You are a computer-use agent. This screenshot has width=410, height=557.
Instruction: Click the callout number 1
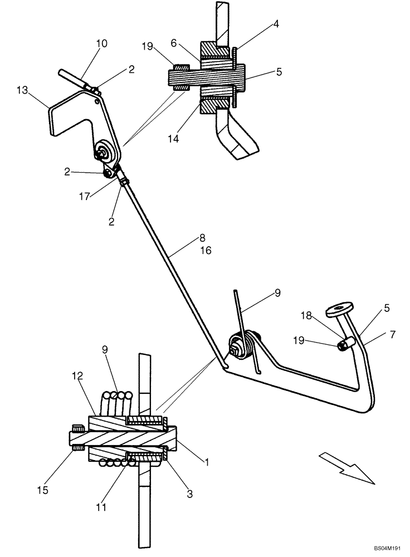click(x=207, y=461)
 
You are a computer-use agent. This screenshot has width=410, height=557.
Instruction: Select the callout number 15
click(x=42, y=490)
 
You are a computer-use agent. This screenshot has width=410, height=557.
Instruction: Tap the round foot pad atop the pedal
click(x=339, y=307)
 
